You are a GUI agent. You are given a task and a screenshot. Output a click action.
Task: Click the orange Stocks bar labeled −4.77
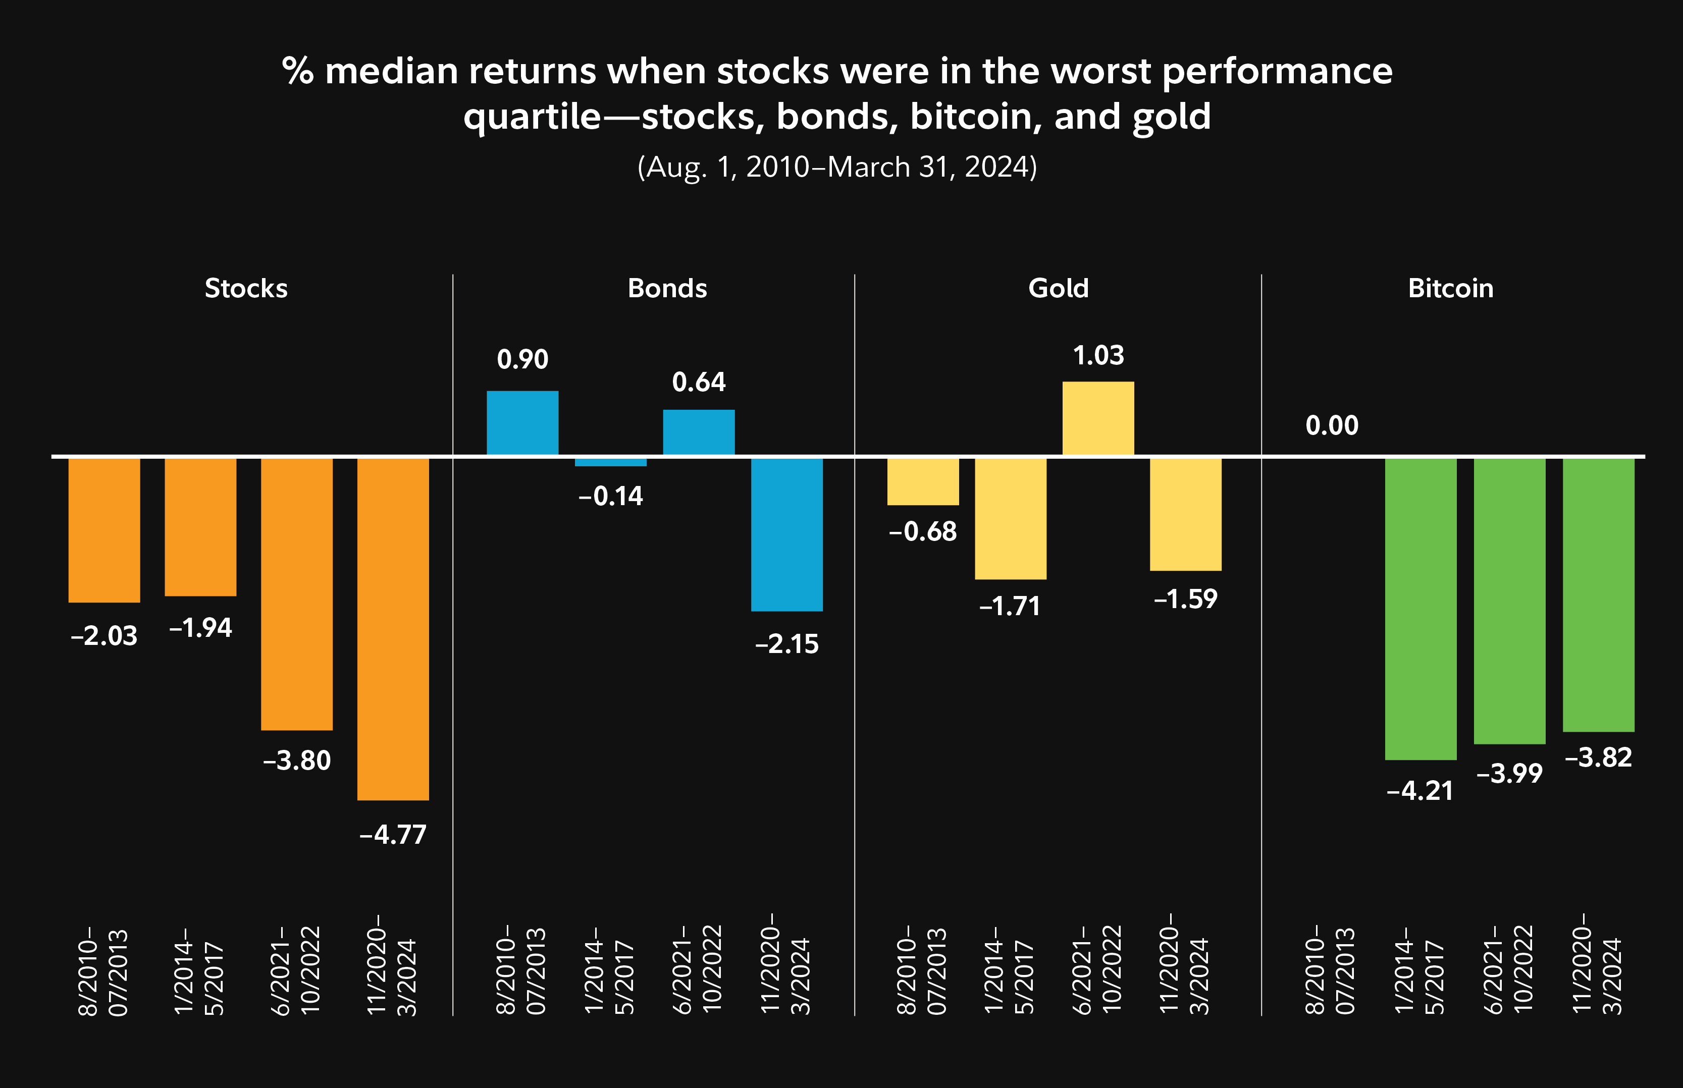coord(393,629)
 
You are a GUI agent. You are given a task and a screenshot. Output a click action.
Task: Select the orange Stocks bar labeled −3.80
coord(297,593)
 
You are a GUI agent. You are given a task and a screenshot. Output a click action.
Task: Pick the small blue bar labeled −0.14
coord(610,462)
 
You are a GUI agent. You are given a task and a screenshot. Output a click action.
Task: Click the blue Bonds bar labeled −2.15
coord(786,534)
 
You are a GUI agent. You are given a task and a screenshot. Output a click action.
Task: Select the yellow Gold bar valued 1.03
coord(1098,418)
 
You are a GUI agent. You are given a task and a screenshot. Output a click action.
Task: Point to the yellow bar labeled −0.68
coord(923,481)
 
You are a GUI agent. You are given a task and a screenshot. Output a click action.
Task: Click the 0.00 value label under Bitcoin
coord(1332,425)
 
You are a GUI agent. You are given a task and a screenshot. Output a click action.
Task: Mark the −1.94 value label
coord(201,627)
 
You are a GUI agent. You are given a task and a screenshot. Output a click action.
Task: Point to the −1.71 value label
coord(1010,606)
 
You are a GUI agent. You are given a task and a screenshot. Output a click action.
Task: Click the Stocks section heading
coord(246,288)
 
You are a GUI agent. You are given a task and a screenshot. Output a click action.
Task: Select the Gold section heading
coord(1058,288)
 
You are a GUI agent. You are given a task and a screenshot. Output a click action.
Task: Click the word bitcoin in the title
coord(976,117)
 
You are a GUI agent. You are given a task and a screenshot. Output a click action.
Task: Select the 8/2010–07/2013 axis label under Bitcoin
coord(1330,969)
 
